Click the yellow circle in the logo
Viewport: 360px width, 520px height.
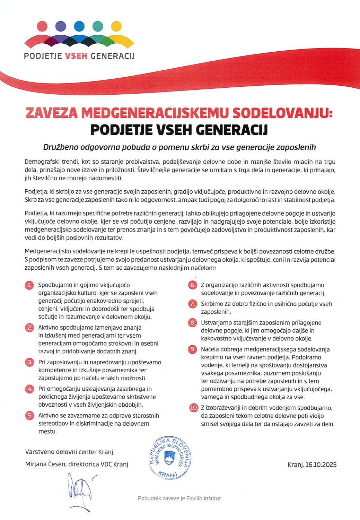click(x=116, y=26)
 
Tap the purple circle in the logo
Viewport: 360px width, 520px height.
click(x=61, y=26)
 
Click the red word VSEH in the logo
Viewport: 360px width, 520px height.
click(x=76, y=56)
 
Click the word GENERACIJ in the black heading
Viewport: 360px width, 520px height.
click(x=232, y=130)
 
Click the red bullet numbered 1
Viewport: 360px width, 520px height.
click(x=29, y=285)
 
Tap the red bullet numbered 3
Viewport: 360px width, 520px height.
click(x=29, y=362)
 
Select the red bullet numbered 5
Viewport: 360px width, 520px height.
click(x=29, y=415)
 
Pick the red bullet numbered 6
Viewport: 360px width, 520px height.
click(x=192, y=285)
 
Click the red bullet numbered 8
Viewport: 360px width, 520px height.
click(x=192, y=322)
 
